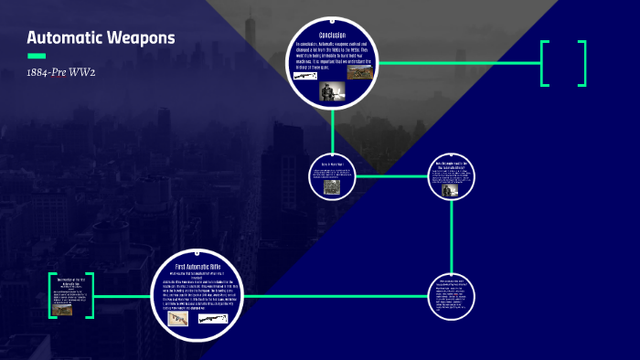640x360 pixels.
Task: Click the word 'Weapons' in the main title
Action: click(x=141, y=38)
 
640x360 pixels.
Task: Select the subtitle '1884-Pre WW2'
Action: click(x=61, y=72)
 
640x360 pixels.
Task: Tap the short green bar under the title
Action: click(x=37, y=56)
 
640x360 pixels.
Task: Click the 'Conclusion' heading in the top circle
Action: click(x=332, y=35)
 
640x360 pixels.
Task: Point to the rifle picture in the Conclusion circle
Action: click(x=306, y=76)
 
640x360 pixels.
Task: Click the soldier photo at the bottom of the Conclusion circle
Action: click(x=332, y=90)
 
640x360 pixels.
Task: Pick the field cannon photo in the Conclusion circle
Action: click(x=359, y=72)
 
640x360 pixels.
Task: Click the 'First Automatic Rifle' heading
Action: click(x=198, y=265)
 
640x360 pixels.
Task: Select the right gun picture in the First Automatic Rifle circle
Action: click(x=214, y=319)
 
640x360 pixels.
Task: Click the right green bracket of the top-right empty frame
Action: click(x=581, y=63)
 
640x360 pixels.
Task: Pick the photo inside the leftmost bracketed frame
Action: click(x=63, y=310)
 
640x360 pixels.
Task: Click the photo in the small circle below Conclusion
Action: click(x=332, y=186)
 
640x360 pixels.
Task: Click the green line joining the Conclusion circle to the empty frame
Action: click(x=457, y=63)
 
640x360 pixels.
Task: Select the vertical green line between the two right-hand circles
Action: click(x=452, y=237)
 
